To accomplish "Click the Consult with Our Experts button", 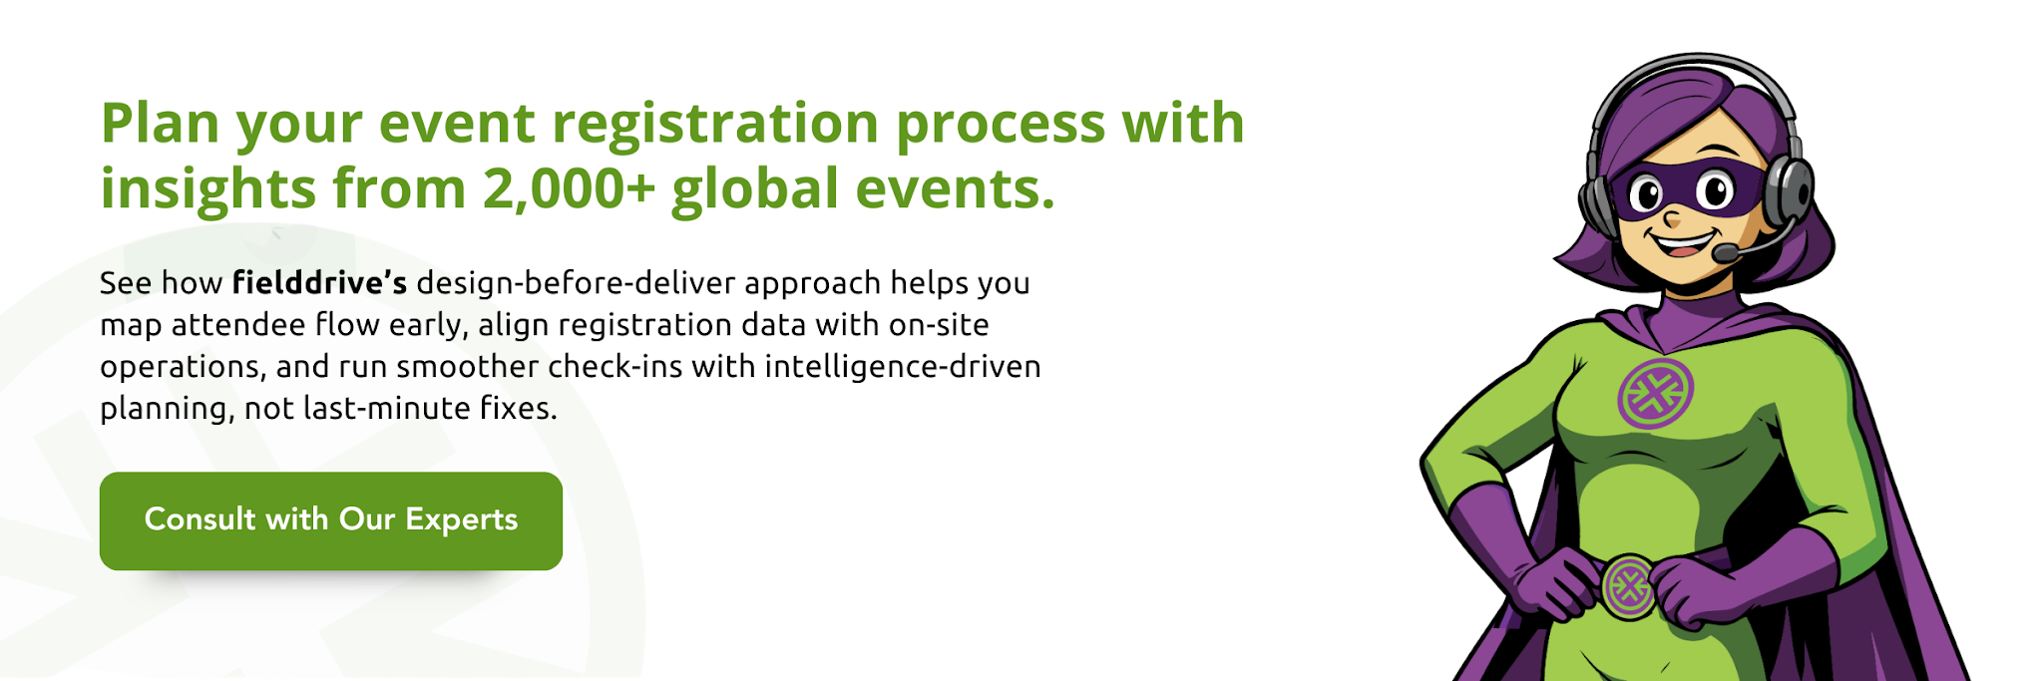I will [x=330, y=520].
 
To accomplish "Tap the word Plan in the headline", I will [x=160, y=123].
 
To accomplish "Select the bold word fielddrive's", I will [x=319, y=283].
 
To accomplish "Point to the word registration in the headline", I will [x=714, y=123].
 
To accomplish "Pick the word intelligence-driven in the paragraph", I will [x=903, y=367].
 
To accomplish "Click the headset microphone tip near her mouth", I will [x=1723, y=254].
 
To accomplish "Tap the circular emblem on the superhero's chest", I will [x=1655, y=393].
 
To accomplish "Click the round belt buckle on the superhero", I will [x=1628, y=586].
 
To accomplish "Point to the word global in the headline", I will [x=755, y=188].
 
